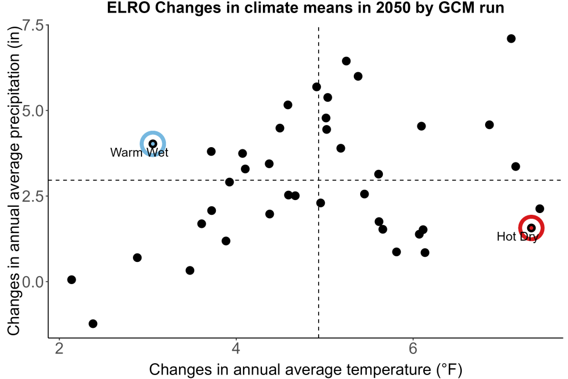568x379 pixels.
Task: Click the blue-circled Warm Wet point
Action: [153, 144]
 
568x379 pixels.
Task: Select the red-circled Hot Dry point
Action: [532, 228]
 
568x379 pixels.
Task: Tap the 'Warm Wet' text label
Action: [140, 152]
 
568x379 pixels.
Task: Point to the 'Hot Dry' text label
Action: [517, 236]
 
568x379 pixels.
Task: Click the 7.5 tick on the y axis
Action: [33, 26]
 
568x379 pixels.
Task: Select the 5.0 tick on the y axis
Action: [33, 110]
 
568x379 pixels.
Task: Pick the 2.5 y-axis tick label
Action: [33, 196]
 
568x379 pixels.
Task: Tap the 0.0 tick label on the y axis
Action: [33, 281]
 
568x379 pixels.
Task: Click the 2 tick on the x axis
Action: [59, 348]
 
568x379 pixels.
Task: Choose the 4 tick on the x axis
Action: [236, 348]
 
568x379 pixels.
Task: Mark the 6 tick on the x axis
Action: [413, 348]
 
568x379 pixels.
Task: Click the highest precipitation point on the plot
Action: [511, 39]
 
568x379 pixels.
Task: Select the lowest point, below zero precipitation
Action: [93, 323]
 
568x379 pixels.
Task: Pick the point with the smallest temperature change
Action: [72, 280]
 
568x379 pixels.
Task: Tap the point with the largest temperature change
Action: [540, 209]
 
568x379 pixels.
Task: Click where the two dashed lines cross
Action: [319, 180]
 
